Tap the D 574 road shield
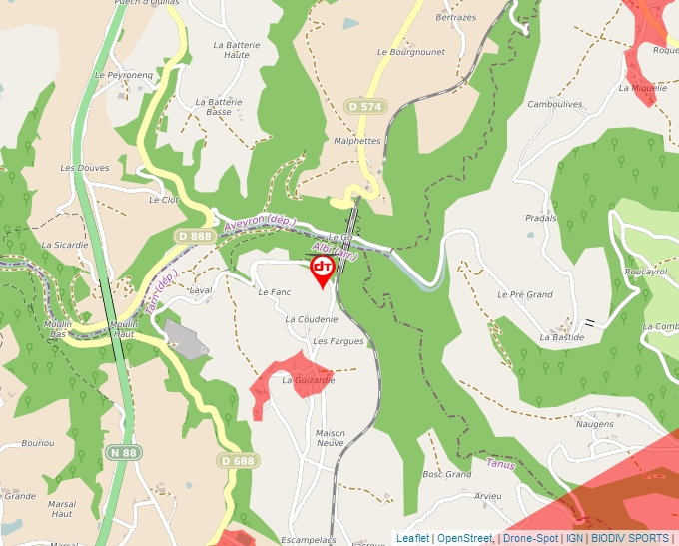366,106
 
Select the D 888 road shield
194,236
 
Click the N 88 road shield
123,453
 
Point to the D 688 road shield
237,460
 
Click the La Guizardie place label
308,380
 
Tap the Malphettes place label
357,141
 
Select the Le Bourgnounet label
410,52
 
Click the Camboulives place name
554,104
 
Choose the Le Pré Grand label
525,294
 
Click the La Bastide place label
561,337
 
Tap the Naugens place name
594,424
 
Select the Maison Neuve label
330,439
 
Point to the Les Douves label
85,168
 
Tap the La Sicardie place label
65,244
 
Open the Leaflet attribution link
412,538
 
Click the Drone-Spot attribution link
530,538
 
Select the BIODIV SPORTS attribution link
629,538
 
